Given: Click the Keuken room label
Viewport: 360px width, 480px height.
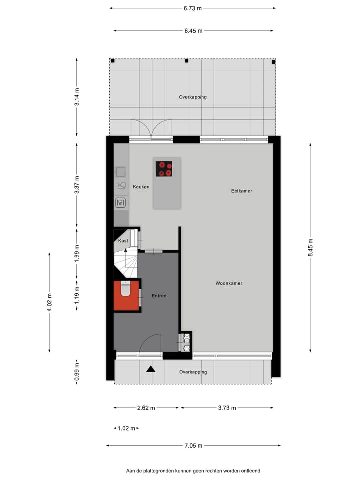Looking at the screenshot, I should pyautogui.click(x=141, y=187).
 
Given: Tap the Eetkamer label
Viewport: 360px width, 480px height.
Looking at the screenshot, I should pyautogui.click(x=241, y=191).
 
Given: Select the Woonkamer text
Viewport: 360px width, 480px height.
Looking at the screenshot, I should pyautogui.click(x=229, y=283).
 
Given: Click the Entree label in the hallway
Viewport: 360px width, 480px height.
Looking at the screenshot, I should pyautogui.click(x=159, y=296).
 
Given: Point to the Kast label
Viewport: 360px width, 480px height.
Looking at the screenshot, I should pyautogui.click(x=123, y=241).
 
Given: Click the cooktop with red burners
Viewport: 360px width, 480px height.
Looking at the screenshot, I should pyautogui.click(x=164, y=169).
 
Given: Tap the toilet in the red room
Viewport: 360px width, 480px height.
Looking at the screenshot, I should pyautogui.click(x=125, y=289).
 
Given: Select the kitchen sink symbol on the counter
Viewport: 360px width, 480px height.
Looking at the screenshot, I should pyautogui.click(x=121, y=172).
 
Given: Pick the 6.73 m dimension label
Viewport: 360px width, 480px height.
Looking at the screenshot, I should pyautogui.click(x=193, y=8).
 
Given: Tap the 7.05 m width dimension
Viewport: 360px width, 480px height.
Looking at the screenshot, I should pyautogui.click(x=193, y=446).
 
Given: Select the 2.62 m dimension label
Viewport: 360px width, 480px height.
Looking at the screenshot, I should pyautogui.click(x=146, y=408).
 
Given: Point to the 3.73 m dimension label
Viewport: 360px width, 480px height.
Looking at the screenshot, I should pyautogui.click(x=227, y=408).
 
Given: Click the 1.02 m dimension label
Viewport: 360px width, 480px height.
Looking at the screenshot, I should pyautogui.click(x=126, y=428).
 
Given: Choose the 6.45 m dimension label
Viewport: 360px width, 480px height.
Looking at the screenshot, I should pyautogui.click(x=193, y=31).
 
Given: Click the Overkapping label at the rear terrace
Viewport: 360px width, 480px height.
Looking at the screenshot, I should pyautogui.click(x=193, y=97).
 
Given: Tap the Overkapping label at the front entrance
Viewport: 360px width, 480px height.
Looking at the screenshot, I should pyautogui.click(x=193, y=372).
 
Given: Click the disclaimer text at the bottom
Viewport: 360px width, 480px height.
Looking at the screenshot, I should pyautogui.click(x=193, y=471).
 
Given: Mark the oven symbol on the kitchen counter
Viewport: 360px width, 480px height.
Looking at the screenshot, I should pyautogui.click(x=121, y=203).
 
